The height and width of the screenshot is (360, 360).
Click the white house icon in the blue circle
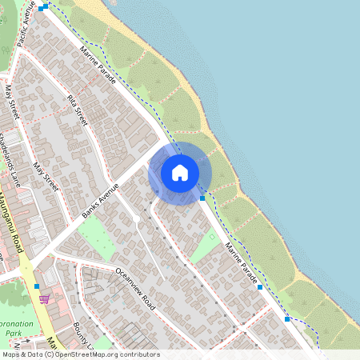tap(180, 172)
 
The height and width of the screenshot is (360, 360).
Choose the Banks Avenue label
tap(100, 201)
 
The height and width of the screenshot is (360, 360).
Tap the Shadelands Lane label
tap(11, 155)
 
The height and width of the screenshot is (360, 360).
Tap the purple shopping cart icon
tap(44, 298)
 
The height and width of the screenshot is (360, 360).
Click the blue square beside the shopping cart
tap(37, 286)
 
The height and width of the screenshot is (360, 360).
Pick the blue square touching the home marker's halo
tap(202, 198)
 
